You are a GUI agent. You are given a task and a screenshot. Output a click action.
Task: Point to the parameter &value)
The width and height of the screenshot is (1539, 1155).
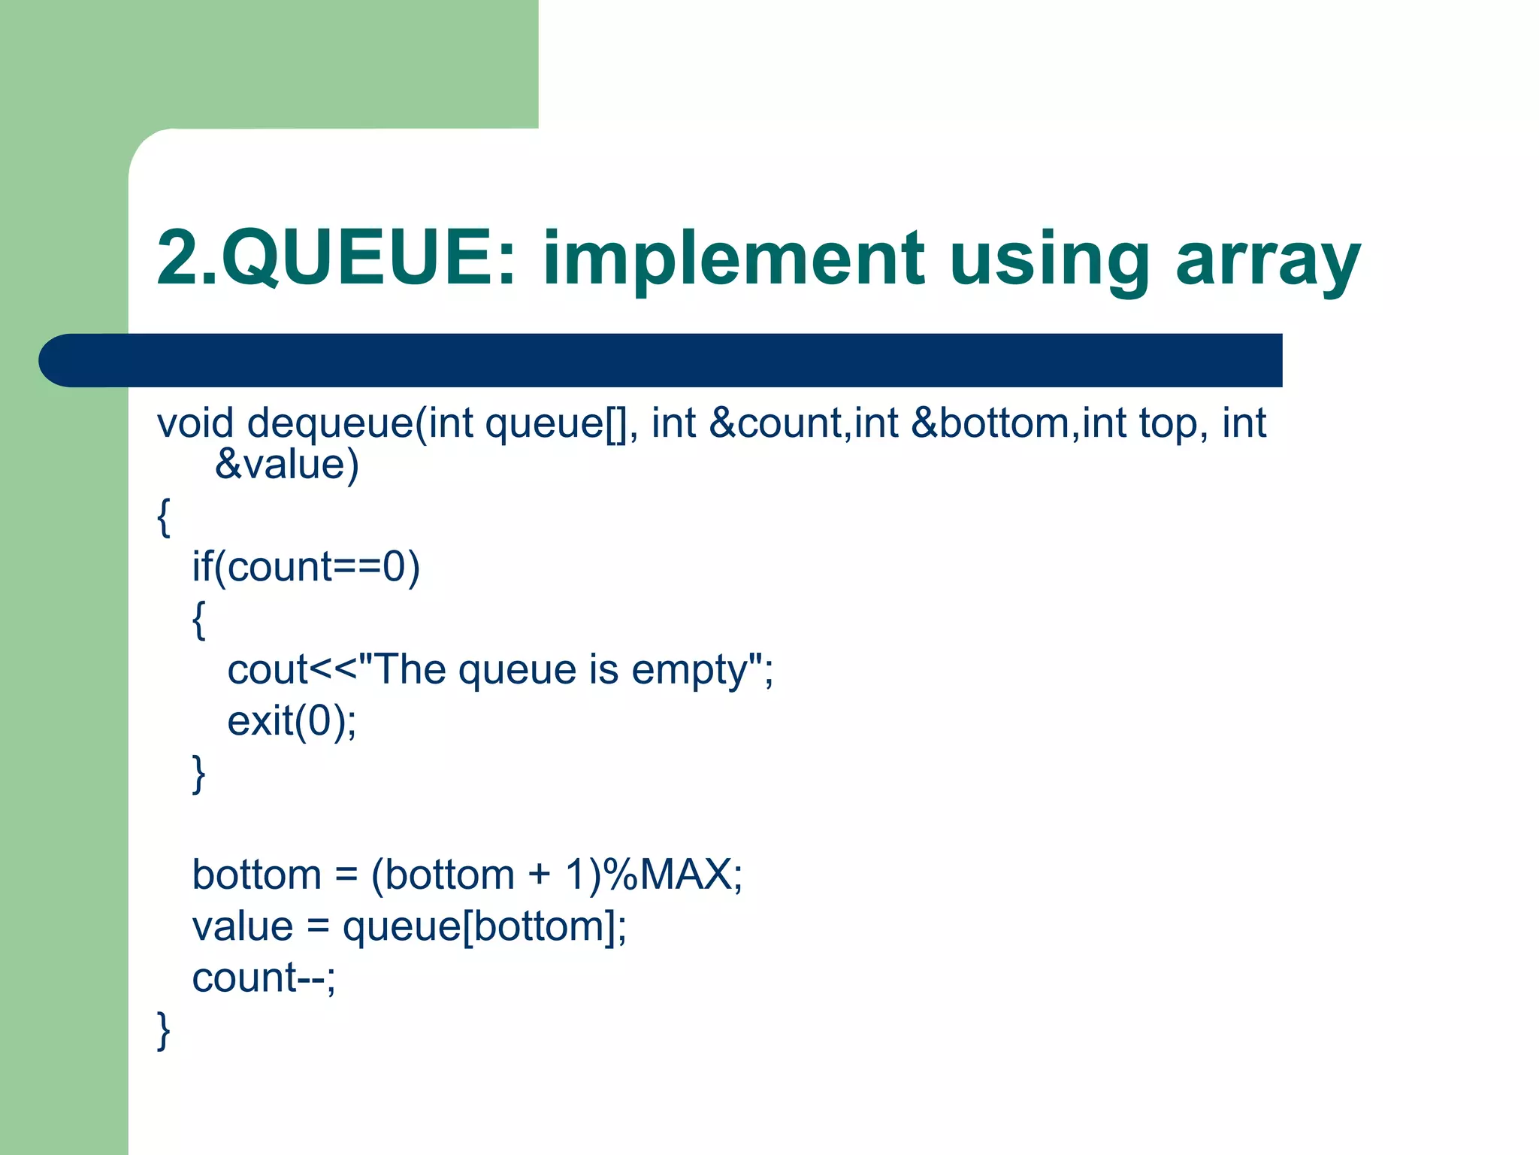[x=287, y=464]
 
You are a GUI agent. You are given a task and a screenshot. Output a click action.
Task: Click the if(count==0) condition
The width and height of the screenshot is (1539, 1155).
[x=306, y=566]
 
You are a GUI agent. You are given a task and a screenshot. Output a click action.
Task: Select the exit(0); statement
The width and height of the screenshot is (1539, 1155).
[x=292, y=720]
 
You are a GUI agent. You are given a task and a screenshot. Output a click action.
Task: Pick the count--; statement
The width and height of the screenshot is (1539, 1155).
[x=264, y=978]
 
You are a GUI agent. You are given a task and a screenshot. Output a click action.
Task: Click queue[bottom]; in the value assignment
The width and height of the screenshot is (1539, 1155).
[x=484, y=926]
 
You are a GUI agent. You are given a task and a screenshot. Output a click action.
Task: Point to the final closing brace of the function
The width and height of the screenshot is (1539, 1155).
[x=163, y=1030]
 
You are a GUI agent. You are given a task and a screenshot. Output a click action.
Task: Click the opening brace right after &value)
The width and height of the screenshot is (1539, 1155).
[x=163, y=517]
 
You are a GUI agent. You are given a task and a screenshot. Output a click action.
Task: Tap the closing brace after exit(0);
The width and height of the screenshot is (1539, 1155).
[x=198, y=773]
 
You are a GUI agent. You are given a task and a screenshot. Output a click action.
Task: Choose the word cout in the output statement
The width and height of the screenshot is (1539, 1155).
[x=268, y=669]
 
